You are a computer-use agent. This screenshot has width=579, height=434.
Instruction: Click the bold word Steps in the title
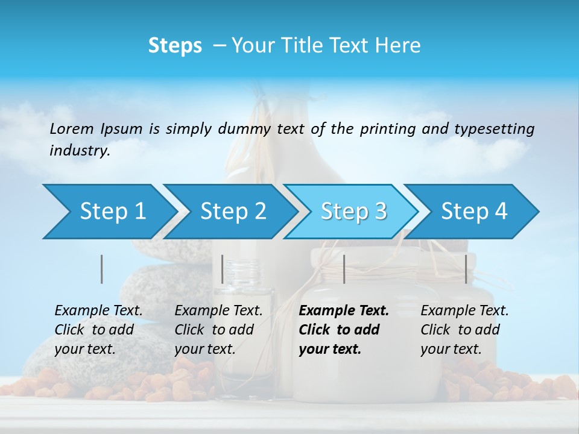(x=175, y=46)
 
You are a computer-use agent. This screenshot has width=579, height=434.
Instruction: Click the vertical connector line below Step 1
(x=102, y=269)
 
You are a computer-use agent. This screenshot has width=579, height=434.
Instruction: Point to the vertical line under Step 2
(x=223, y=269)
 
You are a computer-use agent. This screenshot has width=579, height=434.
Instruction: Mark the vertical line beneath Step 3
(x=344, y=269)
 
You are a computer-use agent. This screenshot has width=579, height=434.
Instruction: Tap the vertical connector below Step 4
(x=466, y=269)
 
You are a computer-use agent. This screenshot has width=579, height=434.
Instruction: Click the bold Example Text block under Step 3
(x=344, y=330)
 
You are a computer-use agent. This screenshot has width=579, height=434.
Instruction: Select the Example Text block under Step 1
(x=99, y=330)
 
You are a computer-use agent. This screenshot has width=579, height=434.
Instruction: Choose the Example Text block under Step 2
(x=218, y=330)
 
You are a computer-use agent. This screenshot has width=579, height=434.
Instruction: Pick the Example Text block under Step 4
(x=464, y=330)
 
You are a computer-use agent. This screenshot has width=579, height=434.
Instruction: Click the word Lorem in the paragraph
(x=72, y=128)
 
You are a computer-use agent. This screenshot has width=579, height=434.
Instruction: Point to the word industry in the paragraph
(x=80, y=151)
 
